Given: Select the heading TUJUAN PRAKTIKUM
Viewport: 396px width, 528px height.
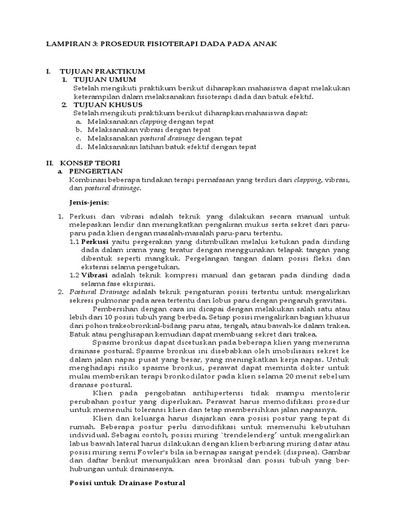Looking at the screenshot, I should tap(102, 71).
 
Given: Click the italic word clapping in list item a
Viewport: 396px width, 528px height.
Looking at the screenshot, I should tap(154, 121).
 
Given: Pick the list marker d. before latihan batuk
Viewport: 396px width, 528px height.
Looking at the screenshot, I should tap(78, 146).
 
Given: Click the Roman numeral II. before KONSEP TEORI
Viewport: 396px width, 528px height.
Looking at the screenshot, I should tap(50, 163).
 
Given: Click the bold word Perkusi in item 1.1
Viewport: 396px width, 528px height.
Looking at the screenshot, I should tap(95, 241).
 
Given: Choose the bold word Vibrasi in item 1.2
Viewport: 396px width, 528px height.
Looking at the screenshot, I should tap(95, 275).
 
